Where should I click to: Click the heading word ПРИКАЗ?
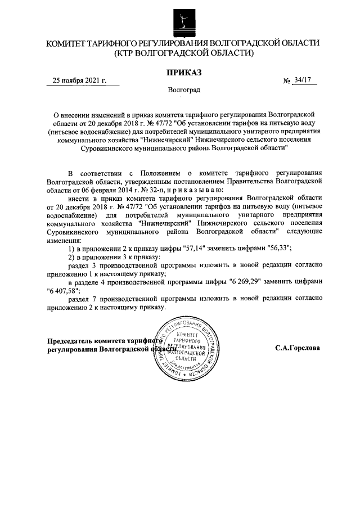[x=183, y=72]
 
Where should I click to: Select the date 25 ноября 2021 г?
[x=79, y=80]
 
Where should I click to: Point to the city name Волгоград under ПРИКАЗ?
[x=183, y=90]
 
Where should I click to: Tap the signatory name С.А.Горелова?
[x=298, y=348]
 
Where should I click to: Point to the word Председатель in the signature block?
[x=70, y=341]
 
